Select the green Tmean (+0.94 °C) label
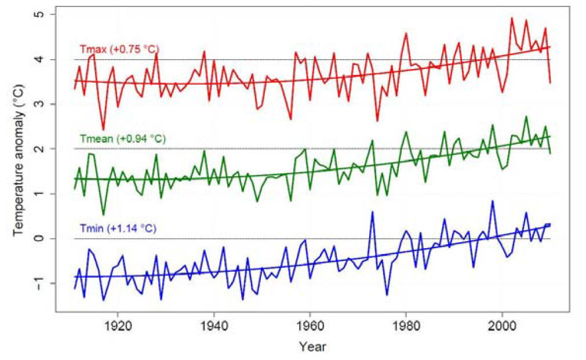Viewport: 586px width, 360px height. (x=121, y=138)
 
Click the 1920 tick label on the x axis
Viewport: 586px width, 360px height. (x=118, y=326)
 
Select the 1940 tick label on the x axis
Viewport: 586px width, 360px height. (x=214, y=326)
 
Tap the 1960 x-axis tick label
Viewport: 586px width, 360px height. (x=310, y=326)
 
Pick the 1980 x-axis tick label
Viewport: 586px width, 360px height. (x=406, y=326)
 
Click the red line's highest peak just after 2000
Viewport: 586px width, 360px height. (x=512, y=17)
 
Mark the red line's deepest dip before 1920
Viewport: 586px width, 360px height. (x=103, y=130)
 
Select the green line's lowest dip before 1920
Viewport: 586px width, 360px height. (x=103, y=215)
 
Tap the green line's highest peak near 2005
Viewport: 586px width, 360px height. (x=526, y=117)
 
